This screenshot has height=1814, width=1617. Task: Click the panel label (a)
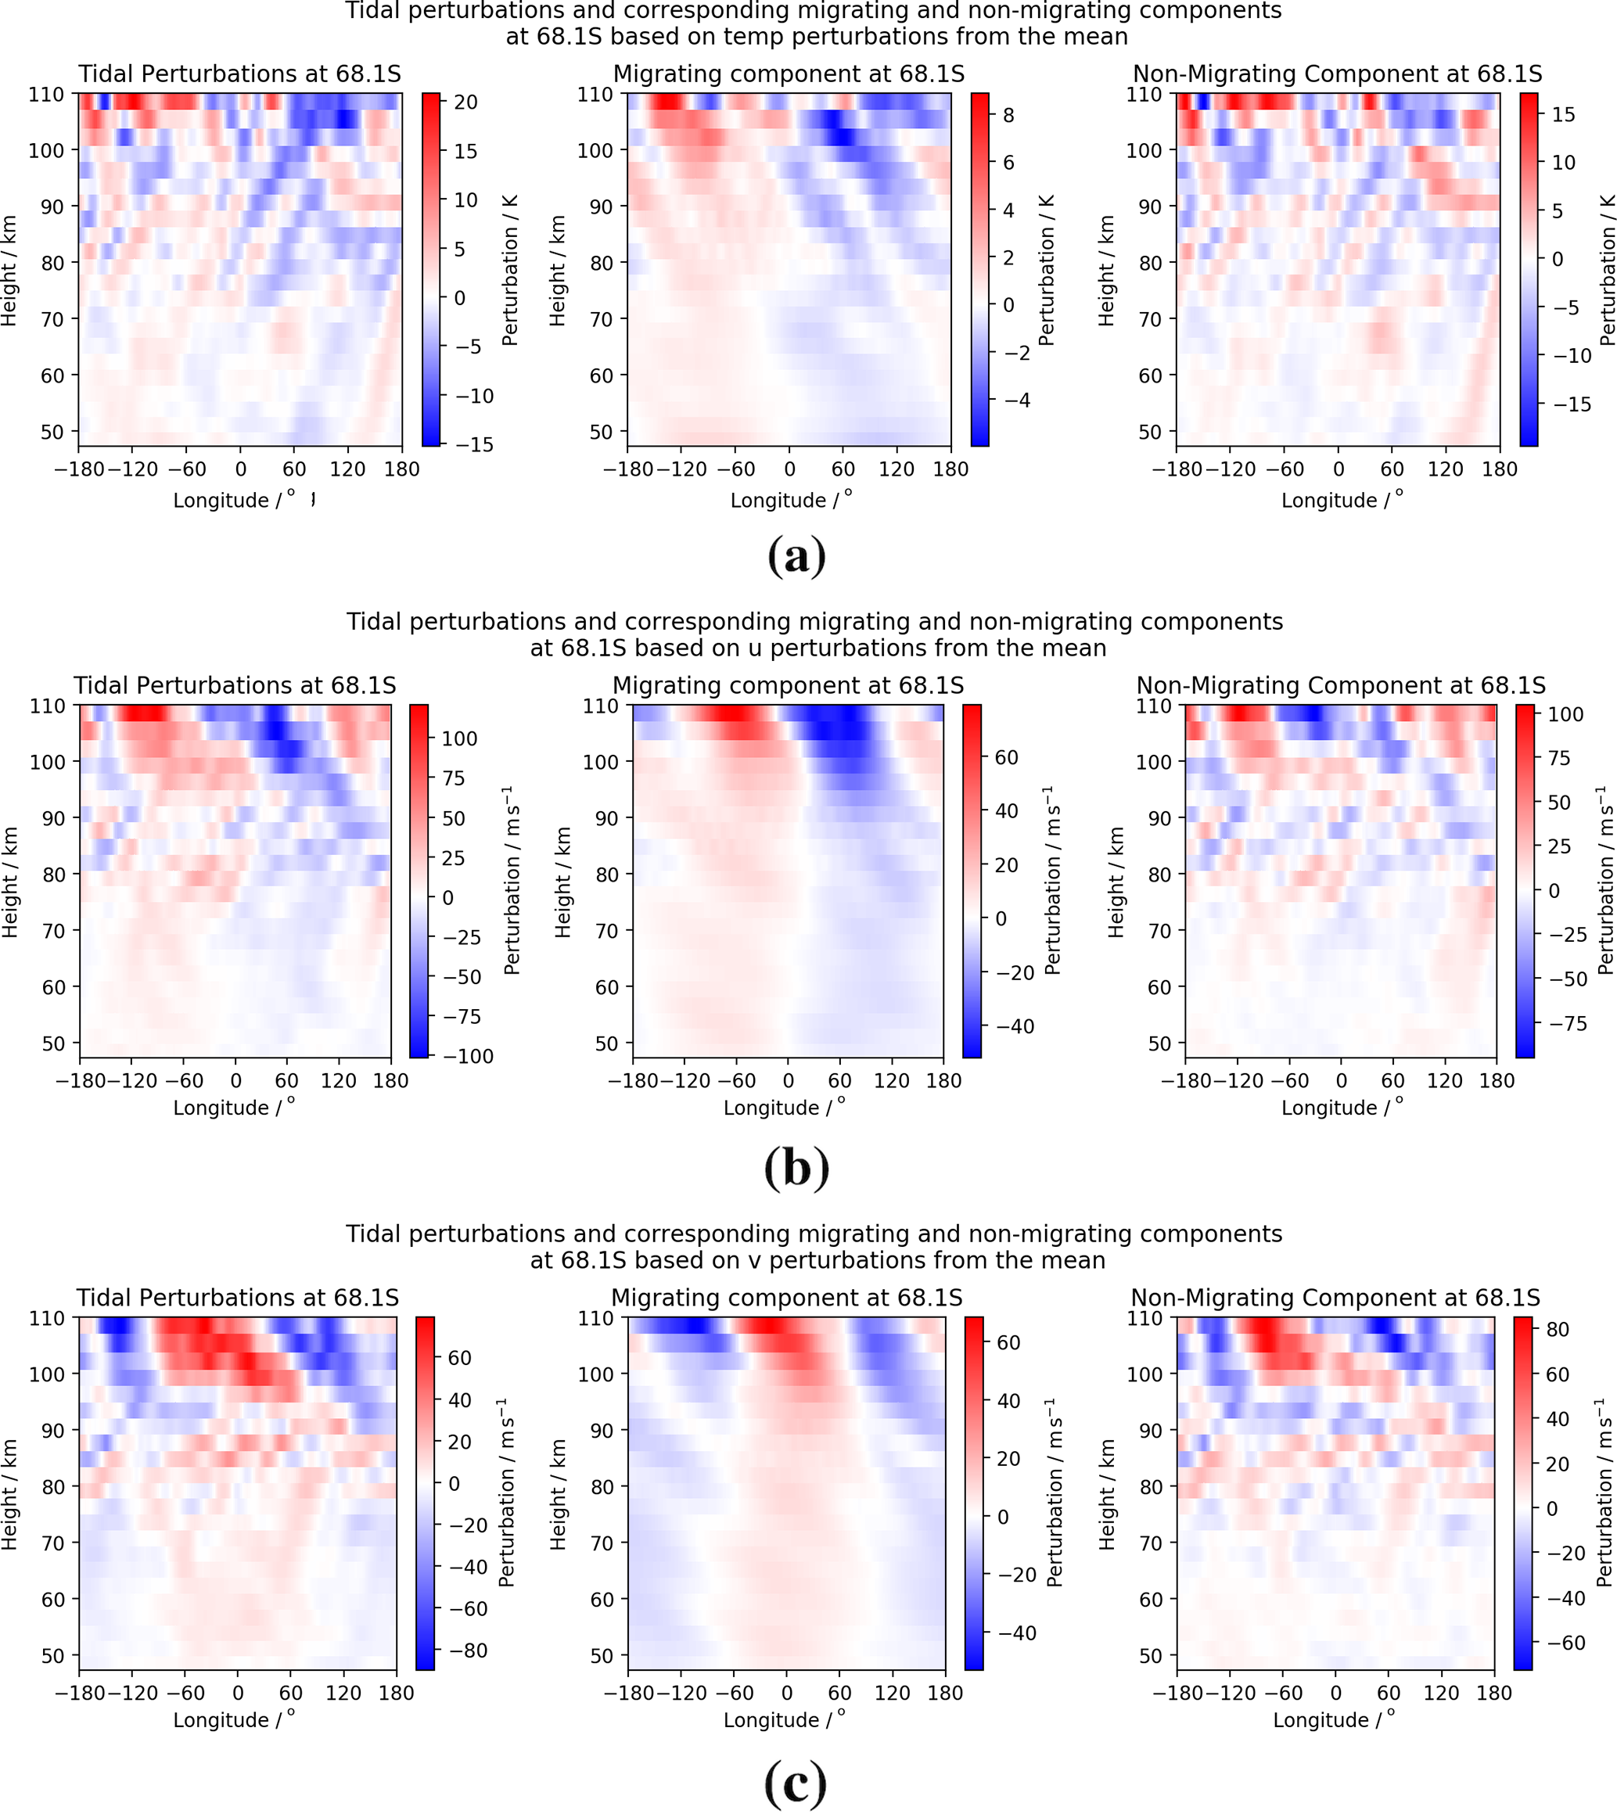(796, 557)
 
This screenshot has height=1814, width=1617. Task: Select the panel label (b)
(796, 1167)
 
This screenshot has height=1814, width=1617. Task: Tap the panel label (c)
(796, 1782)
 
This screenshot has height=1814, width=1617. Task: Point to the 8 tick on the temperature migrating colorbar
(1008, 116)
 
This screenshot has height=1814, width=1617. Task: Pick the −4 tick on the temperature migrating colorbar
(1015, 400)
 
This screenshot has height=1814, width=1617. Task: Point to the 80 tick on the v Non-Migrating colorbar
(1558, 1329)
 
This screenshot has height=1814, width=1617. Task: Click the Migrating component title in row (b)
(787, 685)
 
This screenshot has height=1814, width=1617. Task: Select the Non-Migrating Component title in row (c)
(1335, 1298)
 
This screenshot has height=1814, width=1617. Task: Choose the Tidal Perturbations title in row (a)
(239, 74)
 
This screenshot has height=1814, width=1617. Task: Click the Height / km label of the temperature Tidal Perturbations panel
(9, 270)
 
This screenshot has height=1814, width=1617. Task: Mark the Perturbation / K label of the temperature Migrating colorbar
(1046, 270)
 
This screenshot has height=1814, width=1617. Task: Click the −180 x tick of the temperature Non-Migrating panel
(1177, 469)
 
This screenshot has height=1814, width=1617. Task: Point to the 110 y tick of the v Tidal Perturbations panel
(48, 1318)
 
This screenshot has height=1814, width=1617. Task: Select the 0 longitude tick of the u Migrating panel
(788, 1081)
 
